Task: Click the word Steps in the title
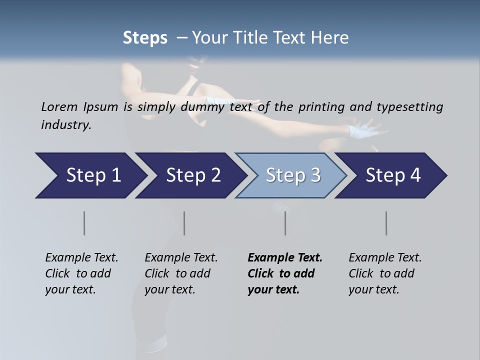tap(145, 38)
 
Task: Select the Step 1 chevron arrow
tap(90, 175)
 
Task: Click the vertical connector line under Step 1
tap(84, 223)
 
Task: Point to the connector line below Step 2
tap(184, 223)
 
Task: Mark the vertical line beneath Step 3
tap(285, 223)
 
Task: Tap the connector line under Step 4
tap(386, 223)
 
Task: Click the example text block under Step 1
tap(81, 273)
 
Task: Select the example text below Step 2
tap(181, 273)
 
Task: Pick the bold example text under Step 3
tap(284, 273)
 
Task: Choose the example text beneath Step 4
tap(385, 273)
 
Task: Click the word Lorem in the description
tap(59, 106)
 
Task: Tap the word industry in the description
tap(66, 124)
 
